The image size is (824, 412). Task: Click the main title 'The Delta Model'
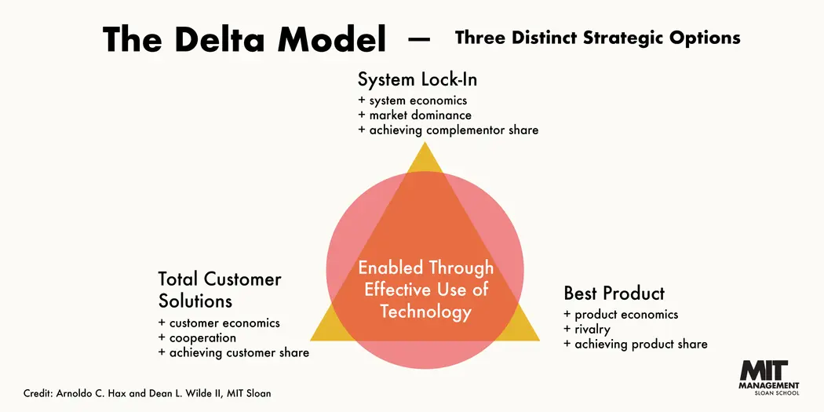point(244,39)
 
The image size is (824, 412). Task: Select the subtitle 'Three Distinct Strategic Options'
point(597,38)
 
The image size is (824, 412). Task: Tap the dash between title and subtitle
point(420,39)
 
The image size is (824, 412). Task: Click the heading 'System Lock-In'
point(417,80)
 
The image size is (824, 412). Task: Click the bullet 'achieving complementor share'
point(448,130)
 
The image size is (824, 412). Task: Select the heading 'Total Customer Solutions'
point(219,290)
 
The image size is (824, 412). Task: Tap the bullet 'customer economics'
point(219,323)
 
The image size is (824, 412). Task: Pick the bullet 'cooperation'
point(197,338)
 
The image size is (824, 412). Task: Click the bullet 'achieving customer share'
point(233,353)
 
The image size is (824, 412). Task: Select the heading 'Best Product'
point(614,294)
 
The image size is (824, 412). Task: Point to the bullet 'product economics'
point(621,315)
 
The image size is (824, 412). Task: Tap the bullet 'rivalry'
point(587,330)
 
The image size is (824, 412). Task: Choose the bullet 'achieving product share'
point(635,345)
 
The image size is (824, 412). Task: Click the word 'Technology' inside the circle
point(425,312)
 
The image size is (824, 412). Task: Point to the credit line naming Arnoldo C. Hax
point(148,393)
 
